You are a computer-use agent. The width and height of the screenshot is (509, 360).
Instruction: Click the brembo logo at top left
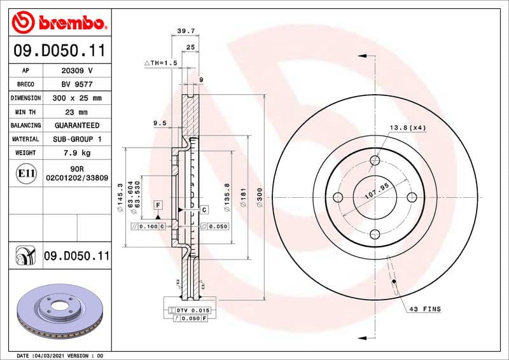click(59, 23)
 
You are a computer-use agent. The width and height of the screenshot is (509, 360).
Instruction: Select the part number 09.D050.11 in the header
click(59, 50)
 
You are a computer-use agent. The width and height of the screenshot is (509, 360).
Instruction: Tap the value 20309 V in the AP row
click(77, 71)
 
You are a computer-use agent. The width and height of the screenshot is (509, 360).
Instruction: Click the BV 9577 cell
click(77, 84)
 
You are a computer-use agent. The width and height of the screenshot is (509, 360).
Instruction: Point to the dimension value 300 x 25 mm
click(77, 98)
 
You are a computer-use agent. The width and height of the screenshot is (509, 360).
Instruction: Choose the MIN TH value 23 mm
click(77, 112)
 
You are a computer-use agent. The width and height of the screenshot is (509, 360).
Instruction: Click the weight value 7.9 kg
click(77, 153)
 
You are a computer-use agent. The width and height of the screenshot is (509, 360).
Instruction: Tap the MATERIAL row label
click(26, 139)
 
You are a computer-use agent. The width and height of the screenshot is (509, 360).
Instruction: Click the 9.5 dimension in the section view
click(160, 122)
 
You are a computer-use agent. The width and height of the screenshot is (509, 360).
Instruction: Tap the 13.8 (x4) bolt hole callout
click(407, 128)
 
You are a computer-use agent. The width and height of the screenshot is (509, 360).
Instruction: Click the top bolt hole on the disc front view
click(375, 161)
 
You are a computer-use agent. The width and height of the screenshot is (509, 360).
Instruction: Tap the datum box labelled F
click(157, 205)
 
